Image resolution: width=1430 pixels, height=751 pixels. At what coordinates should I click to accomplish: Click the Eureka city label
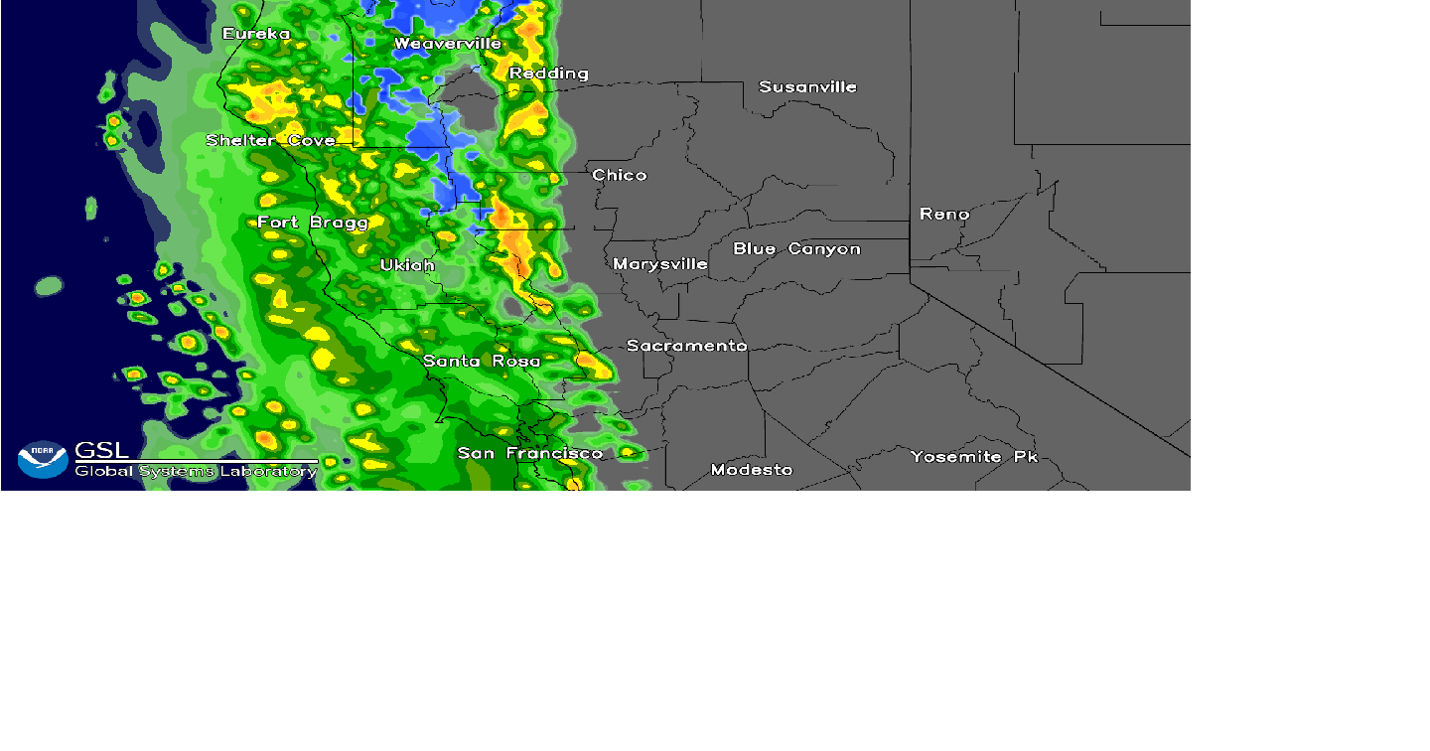tap(256, 35)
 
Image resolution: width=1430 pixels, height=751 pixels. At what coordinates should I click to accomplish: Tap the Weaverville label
tap(448, 44)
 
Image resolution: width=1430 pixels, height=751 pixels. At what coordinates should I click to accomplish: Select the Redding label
tap(549, 74)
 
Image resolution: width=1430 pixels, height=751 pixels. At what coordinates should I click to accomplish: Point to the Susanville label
tap(807, 87)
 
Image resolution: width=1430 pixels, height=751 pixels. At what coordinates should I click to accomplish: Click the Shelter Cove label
tap(270, 141)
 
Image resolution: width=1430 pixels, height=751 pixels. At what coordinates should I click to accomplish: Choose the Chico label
tap(620, 176)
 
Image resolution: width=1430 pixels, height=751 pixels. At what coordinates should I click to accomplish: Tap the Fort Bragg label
tap(313, 223)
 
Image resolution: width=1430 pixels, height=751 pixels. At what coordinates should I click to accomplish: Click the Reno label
tap(944, 215)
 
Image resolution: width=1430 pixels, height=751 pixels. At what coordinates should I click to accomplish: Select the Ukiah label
tap(407, 265)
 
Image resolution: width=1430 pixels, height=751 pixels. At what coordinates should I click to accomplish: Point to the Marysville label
tap(660, 264)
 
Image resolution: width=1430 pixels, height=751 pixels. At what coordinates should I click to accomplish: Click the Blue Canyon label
tap(796, 249)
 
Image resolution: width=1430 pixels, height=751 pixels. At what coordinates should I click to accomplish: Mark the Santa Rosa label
tap(482, 362)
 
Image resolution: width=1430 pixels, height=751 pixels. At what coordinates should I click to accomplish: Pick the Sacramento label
tap(686, 346)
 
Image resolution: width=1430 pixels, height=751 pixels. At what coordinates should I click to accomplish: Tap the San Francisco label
tap(529, 454)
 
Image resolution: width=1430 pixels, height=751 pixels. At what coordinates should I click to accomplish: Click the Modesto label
tap(752, 470)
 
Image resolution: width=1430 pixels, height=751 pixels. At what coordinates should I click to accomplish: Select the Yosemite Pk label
tap(973, 457)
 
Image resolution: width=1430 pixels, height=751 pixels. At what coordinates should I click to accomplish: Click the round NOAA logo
tap(43, 459)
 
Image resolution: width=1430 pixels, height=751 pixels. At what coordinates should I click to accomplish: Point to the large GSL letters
tap(101, 450)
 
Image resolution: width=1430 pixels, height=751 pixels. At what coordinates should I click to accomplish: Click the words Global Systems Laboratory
tap(196, 471)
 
